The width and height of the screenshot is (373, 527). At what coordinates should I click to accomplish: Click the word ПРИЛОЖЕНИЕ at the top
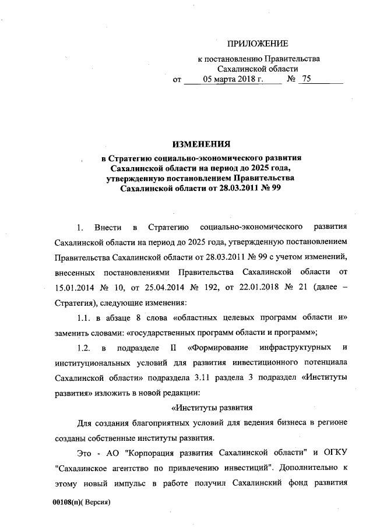(257, 44)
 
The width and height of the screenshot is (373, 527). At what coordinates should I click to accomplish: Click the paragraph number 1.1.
(85, 317)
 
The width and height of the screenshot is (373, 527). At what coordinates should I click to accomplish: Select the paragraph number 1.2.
(85, 348)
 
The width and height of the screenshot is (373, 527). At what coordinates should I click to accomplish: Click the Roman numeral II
(172, 348)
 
